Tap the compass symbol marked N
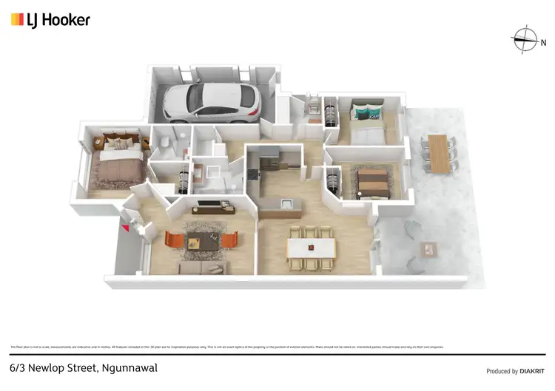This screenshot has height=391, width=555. pyautogui.click(x=525, y=39)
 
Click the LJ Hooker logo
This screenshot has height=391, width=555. pyautogui.click(x=50, y=20)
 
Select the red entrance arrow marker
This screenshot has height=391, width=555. pyautogui.click(x=126, y=229)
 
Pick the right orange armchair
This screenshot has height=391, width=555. pyautogui.click(x=229, y=240)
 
